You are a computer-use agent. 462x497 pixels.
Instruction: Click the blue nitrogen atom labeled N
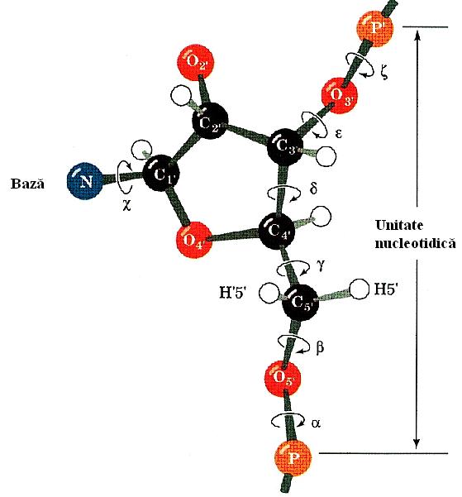click(85, 181)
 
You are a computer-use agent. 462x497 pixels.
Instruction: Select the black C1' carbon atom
click(161, 174)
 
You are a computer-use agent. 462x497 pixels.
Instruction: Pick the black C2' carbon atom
click(210, 121)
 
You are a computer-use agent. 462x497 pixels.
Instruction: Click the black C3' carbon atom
click(285, 147)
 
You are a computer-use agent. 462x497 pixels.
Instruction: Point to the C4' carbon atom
click(278, 232)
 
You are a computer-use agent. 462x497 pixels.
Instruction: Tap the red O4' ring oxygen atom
click(194, 240)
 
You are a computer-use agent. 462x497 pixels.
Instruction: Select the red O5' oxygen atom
click(283, 377)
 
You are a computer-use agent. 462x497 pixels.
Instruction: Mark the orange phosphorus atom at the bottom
click(293, 458)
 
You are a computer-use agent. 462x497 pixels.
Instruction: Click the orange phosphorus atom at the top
click(375, 29)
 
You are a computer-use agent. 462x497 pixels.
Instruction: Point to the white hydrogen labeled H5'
click(359, 289)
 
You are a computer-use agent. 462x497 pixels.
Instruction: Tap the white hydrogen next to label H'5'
click(269, 294)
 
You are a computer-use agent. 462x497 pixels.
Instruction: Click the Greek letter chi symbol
click(126, 206)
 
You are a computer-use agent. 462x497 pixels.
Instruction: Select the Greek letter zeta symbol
click(384, 73)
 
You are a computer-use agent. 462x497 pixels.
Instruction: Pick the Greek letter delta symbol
click(313, 188)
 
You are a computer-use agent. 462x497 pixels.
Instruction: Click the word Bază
click(27, 184)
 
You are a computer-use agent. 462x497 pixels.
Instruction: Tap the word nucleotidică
click(415, 243)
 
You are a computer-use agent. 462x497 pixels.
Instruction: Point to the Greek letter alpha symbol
click(316, 423)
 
